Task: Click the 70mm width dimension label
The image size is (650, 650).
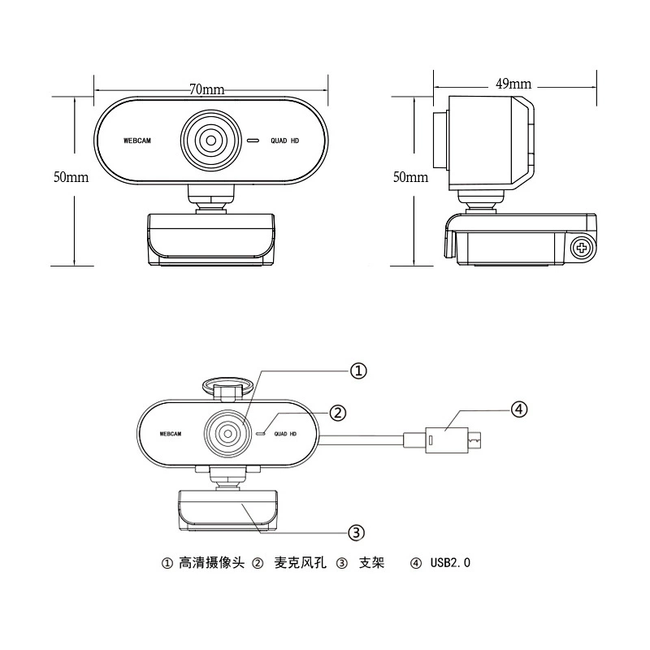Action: pos(207,89)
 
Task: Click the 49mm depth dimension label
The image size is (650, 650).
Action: pos(513,84)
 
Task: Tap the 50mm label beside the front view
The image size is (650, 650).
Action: pos(71,177)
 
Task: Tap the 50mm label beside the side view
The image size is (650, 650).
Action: pos(410,177)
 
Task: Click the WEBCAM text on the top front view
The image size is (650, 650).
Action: pos(137,141)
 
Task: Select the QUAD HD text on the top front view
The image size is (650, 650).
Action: pos(285,141)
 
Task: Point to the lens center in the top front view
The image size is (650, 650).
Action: pos(211,141)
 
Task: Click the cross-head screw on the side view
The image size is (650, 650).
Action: pos(582,248)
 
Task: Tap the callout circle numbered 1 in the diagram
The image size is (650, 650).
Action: pos(358,370)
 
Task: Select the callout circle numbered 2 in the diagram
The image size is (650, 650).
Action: pos(338,413)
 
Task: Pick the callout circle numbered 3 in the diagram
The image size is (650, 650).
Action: pos(356,532)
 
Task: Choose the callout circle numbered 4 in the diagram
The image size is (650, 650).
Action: pos(519,409)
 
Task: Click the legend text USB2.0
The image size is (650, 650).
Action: pos(450,562)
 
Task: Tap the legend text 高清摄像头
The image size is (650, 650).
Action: pos(212,562)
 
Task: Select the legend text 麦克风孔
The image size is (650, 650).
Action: pos(300,562)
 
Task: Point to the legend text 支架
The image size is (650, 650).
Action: pos(372,562)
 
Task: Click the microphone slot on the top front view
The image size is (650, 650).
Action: pos(253,141)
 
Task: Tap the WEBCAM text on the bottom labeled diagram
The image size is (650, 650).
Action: pos(171,434)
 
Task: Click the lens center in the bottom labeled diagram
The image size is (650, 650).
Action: pos(228,434)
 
